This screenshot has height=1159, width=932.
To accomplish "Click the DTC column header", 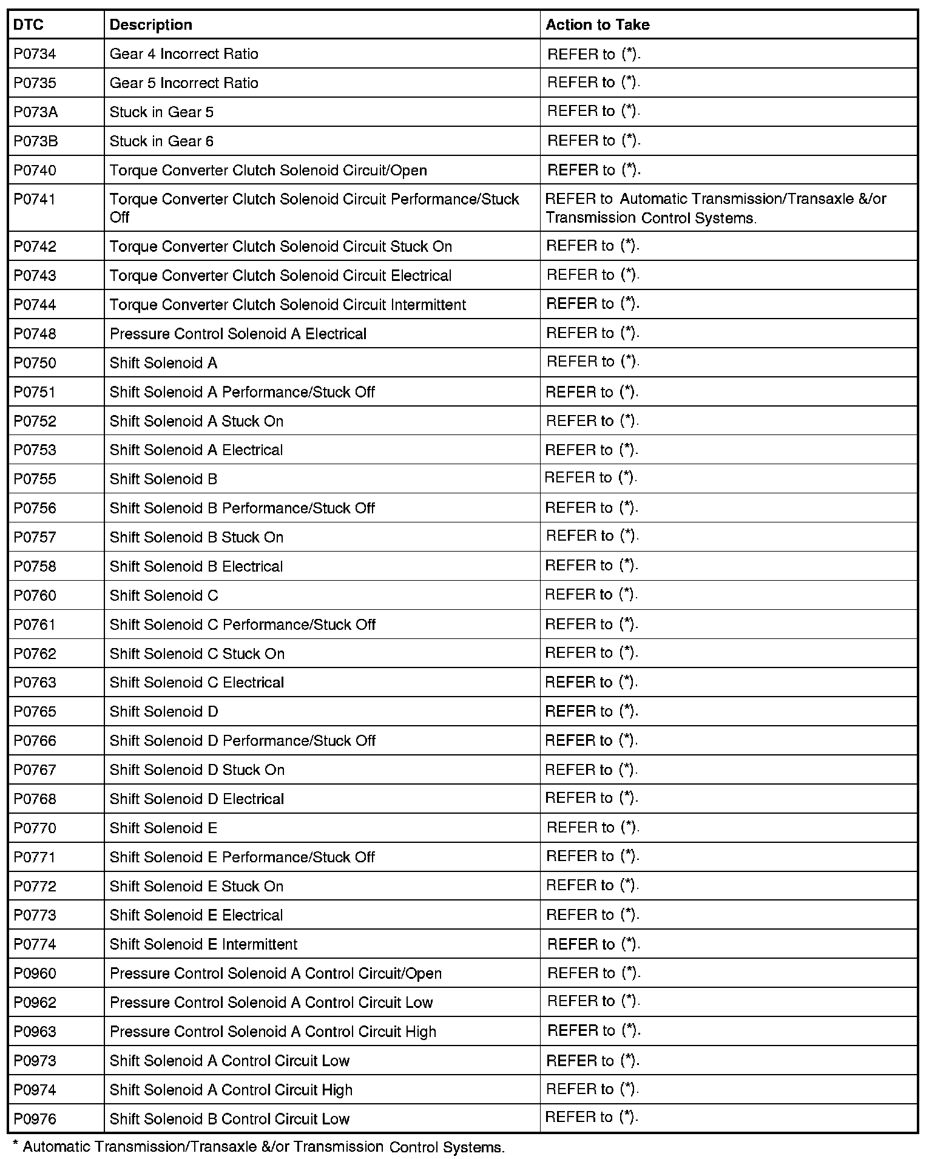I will point(29,25).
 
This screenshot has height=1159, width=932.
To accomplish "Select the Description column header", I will point(150,25).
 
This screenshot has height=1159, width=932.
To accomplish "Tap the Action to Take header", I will point(597,25).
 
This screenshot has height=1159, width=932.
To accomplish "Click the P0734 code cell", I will point(35,54).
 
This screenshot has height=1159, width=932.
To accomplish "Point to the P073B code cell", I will point(36,141).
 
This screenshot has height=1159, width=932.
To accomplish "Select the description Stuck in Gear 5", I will point(161,112).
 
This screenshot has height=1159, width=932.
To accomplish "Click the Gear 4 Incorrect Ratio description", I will point(184,54).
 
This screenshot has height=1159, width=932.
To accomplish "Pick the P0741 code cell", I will point(35,200).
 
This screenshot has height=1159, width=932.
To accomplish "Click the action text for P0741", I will point(715,208).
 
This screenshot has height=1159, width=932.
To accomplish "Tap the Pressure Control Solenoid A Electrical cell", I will point(238,334).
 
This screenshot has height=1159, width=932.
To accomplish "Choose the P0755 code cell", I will point(35,479).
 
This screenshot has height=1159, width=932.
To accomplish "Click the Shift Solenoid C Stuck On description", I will point(197,654).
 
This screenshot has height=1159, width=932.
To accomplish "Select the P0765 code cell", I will point(35,712).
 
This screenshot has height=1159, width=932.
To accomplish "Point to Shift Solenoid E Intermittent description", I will point(203,944).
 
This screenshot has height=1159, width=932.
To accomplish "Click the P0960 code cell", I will point(35,973).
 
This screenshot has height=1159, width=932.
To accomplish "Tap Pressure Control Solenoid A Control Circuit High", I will point(272,1032).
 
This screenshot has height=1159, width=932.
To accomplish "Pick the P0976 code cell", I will point(35,1119).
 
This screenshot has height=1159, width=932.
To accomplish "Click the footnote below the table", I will point(258,1147).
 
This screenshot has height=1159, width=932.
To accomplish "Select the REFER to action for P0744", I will point(593,304).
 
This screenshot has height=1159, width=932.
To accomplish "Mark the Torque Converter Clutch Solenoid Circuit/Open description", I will point(268,171).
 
